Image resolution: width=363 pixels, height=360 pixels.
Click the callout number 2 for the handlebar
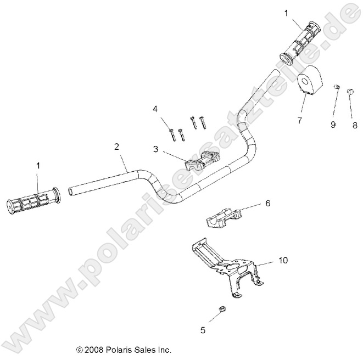click(x=116, y=147)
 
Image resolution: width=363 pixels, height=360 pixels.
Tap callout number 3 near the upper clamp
click(x=156, y=148)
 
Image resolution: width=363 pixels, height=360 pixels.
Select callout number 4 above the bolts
click(x=155, y=109)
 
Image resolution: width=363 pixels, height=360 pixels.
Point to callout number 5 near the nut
click(x=203, y=330)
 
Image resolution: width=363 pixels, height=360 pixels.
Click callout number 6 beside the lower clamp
click(x=267, y=203)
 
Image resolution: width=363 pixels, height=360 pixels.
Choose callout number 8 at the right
click(x=355, y=125)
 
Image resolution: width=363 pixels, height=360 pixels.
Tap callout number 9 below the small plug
click(x=332, y=125)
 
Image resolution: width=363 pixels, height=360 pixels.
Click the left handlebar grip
click(x=33, y=201)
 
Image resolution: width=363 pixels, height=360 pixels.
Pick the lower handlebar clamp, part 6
click(x=222, y=219)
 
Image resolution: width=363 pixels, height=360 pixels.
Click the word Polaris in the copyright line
click(x=122, y=349)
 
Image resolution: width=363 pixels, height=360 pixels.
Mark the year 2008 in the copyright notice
click(x=96, y=349)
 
